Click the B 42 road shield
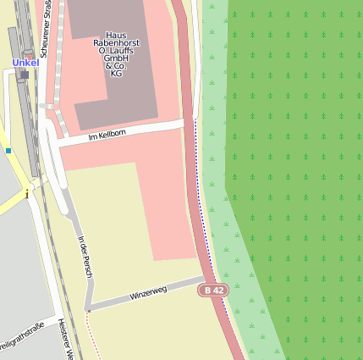[213, 290]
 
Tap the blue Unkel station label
[25, 62]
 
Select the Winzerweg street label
[148, 293]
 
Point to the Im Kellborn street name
[107, 134]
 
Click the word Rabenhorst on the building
[116, 43]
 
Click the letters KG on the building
[116, 74]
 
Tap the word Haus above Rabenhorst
[116, 36]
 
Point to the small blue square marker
[8, 151]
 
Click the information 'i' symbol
[27, 194]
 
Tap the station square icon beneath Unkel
[25, 75]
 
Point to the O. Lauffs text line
[116, 51]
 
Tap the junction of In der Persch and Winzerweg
[88, 308]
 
